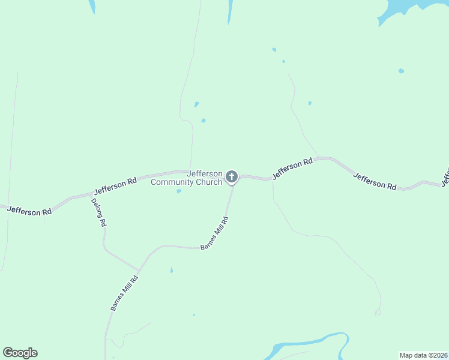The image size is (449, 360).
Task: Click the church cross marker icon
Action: point(232,177)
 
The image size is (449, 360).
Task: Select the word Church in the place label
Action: point(208,182)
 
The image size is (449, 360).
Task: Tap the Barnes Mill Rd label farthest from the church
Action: point(124,292)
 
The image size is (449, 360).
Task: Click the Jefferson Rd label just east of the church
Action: point(292,169)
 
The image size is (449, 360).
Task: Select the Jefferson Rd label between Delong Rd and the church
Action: point(116,184)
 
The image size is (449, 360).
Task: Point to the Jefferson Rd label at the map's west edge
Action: point(29,211)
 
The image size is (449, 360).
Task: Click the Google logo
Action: point(20,353)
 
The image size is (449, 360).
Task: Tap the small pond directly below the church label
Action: point(179,191)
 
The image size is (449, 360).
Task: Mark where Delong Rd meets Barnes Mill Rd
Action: point(140,269)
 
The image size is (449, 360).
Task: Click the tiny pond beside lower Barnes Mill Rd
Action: point(171,271)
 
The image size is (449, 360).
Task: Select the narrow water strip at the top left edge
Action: point(91,6)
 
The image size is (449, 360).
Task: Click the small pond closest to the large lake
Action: point(401,71)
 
